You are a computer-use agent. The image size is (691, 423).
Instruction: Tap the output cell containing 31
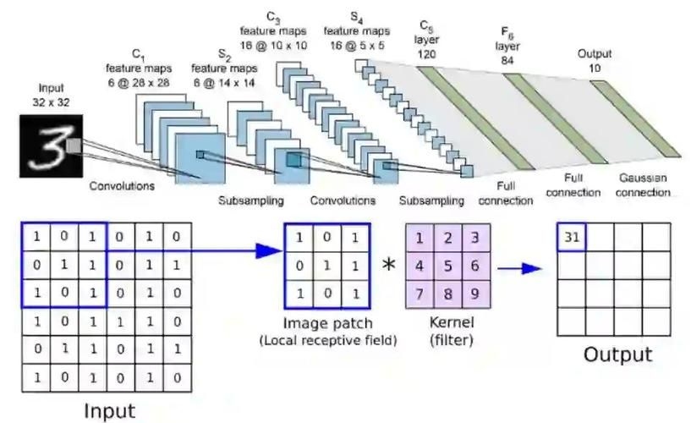[572, 237]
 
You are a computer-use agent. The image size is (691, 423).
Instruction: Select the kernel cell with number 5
[449, 265]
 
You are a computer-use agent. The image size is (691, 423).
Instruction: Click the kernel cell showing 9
[476, 294]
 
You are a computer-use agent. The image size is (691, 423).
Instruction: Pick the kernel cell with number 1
[420, 237]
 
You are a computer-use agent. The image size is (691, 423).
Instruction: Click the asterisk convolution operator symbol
[388, 266]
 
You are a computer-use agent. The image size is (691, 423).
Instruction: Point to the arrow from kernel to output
[519, 268]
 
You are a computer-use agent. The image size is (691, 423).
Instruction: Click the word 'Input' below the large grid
[108, 411]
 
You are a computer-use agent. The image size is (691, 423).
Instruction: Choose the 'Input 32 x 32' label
[52, 95]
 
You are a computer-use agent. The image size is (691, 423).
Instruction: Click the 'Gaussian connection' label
[644, 186]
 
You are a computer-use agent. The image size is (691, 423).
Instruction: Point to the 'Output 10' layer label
[595, 60]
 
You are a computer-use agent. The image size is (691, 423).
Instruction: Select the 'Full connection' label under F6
[572, 186]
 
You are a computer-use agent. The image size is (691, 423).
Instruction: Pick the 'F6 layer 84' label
[509, 39]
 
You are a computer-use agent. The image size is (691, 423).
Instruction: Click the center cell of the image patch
[326, 266]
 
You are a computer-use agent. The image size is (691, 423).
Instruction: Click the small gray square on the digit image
[74, 146]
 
